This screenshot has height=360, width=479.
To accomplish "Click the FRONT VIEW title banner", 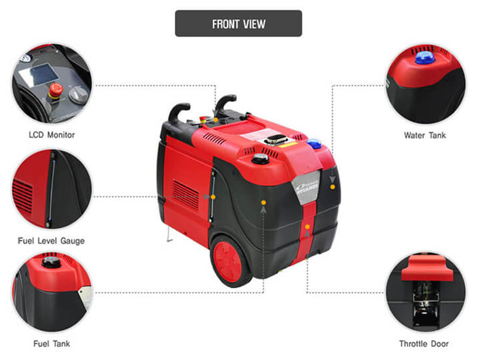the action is (x=238, y=23).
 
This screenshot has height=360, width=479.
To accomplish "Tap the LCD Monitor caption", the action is (x=51, y=135).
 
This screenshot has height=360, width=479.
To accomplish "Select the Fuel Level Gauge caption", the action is (x=51, y=241).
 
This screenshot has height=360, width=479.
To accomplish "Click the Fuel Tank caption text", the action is (x=51, y=344).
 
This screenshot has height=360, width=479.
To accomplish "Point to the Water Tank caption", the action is (x=425, y=135).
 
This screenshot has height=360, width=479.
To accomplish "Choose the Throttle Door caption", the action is (x=424, y=344).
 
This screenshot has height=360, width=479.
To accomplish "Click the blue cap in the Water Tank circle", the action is (x=425, y=58).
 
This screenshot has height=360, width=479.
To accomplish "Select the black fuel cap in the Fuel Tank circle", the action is (x=51, y=262).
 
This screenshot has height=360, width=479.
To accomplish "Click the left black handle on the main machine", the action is (x=178, y=111).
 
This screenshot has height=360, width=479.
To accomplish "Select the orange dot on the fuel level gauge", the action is (x=213, y=197).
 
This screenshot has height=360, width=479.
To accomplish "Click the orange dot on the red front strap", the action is (x=307, y=227).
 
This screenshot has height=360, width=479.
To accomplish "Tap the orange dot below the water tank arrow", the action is (x=332, y=187).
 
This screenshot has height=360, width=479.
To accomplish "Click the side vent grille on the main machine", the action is (x=186, y=194).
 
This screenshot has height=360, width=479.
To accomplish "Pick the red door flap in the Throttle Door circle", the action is (x=427, y=268).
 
